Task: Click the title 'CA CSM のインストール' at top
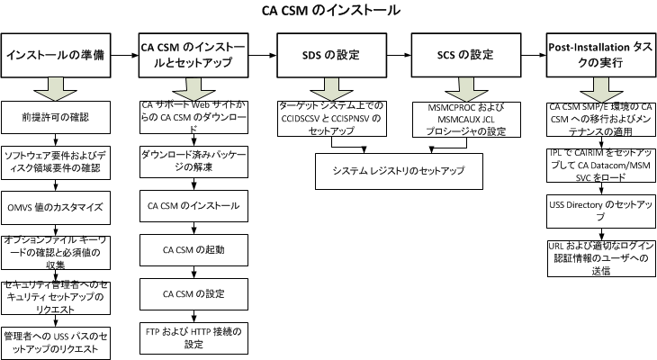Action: pos(328,11)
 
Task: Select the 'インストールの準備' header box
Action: pos(57,56)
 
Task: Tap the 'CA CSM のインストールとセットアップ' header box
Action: pos(192,56)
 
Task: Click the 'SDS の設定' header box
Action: pos(328,56)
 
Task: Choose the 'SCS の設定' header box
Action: pos(463,56)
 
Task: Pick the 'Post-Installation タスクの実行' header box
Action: pos(598,56)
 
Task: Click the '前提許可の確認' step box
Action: pos(57,117)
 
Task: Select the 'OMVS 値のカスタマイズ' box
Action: pos(57,207)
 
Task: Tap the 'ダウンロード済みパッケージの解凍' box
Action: pos(192,161)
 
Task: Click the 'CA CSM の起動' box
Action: pos(192,249)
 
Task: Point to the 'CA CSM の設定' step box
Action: pos(192,293)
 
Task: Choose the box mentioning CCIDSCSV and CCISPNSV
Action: pos(328,117)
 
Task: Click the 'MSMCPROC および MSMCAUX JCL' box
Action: pos(463,117)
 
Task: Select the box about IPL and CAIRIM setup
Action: pos(598,162)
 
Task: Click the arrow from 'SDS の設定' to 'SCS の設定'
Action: pos(396,56)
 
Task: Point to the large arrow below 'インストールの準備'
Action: pos(57,89)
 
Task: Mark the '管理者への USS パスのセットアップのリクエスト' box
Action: pos(57,340)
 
